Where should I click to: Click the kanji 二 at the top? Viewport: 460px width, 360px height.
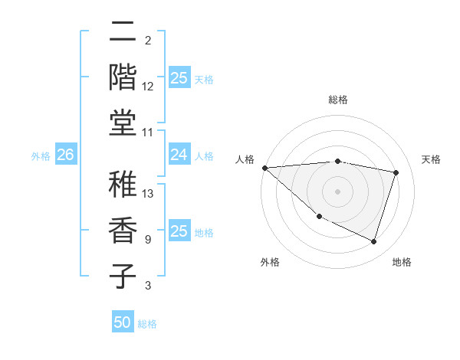click(x=123, y=32)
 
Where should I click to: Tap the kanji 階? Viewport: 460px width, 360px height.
click(x=123, y=77)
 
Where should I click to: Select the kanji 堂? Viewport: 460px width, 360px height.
click(x=123, y=121)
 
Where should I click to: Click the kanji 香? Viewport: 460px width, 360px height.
click(x=123, y=231)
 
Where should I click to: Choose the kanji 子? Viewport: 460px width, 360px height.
click(x=123, y=275)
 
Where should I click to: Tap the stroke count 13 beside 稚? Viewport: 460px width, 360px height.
click(x=148, y=194)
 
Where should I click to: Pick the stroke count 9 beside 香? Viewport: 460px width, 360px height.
click(x=147, y=240)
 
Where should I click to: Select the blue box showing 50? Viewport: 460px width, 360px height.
click(x=123, y=322)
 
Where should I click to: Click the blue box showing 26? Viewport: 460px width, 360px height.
click(x=65, y=155)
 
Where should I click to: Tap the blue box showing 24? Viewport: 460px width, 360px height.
click(x=179, y=155)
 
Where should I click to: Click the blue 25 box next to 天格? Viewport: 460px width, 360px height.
click(x=179, y=77)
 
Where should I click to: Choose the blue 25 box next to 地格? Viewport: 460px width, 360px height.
click(x=179, y=231)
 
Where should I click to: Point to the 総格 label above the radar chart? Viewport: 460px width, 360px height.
click(x=337, y=100)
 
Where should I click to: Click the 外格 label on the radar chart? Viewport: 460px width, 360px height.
click(x=270, y=262)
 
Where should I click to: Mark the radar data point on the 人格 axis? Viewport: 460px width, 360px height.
click(x=264, y=168)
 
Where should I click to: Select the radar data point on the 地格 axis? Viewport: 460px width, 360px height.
click(x=373, y=241)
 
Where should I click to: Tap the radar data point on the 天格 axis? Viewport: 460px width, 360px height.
click(x=396, y=172)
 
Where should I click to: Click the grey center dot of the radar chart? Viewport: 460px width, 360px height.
click(x=337, y=191)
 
